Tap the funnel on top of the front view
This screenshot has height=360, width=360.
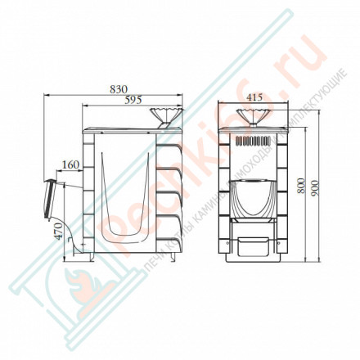(253, 115)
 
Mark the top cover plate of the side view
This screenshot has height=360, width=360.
(123, 128)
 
